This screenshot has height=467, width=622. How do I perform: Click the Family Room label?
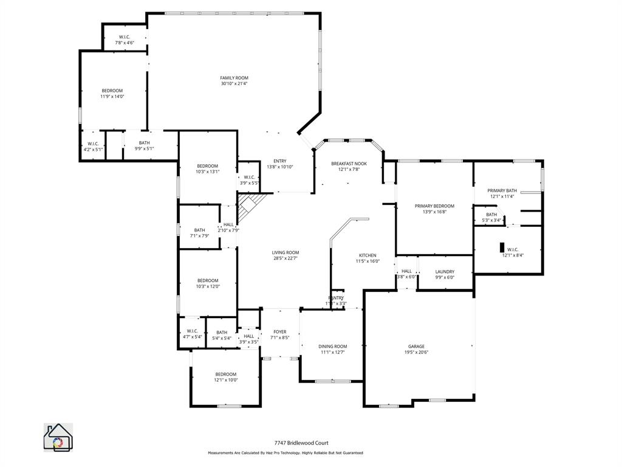(x=234, y=78)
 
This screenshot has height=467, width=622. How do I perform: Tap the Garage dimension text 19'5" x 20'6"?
(x=416, y=352)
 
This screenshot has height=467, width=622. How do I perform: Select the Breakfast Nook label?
(x=349, y=164)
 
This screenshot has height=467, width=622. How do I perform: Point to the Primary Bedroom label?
(x=434, y=206)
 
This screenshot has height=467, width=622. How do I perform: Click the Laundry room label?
(x=445, y=272)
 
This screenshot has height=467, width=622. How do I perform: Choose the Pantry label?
(x=336, y=298)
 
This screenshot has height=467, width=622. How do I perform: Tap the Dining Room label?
(x=332, y=347)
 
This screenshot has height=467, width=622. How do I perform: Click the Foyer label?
(x=279, y=332)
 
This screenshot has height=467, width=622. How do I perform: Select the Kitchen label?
(x=367, y=255)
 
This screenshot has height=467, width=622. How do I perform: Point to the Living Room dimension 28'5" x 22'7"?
(x=285, y=258)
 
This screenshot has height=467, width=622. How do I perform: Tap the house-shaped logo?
(x=58, y=437)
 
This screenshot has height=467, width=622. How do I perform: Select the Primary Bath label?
(x=502, y=190)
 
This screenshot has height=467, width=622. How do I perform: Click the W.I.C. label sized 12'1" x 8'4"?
(x=513, y=249)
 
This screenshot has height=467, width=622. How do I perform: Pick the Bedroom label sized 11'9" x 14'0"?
(x=112, y=91)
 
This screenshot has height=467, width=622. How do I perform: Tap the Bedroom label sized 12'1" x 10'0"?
(x=225, y=374)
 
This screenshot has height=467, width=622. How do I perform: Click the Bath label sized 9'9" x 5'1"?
(x=144, y=143)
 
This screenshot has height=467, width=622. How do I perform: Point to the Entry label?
(x=280, y=161)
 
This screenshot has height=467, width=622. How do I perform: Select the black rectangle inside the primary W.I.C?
(x=502, y=247)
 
